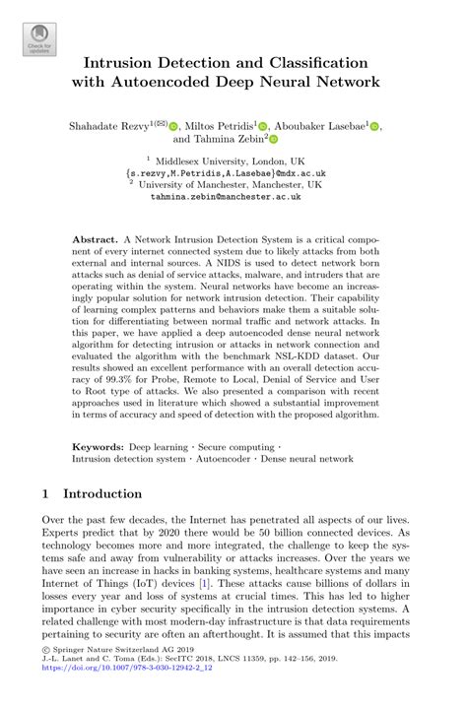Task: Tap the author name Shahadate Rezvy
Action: [106, 126]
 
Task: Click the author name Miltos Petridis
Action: [221, 126]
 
